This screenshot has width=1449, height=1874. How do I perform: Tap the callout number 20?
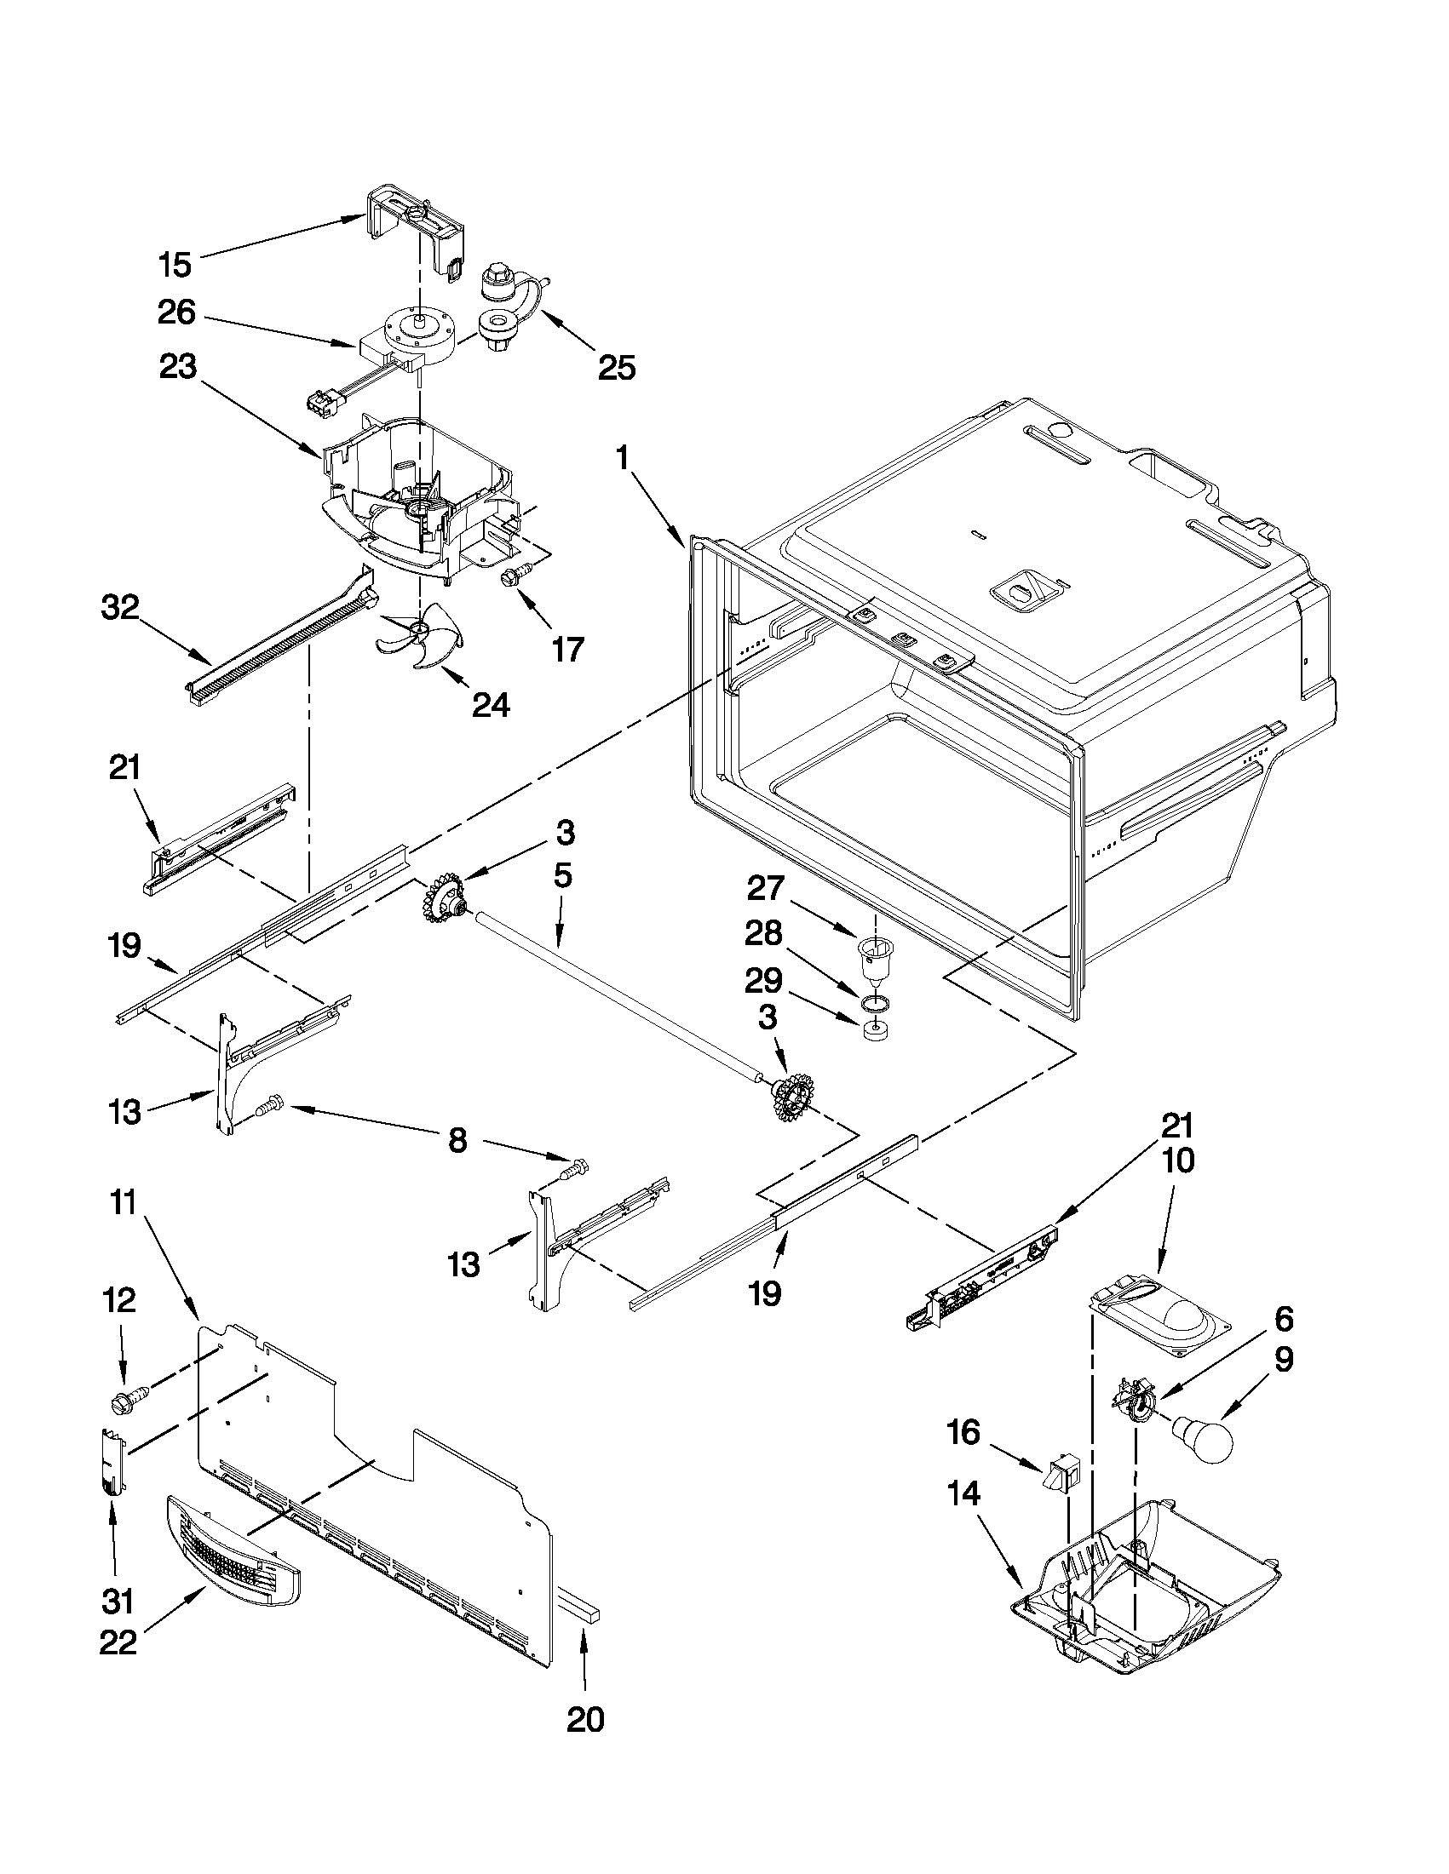[585, 1744]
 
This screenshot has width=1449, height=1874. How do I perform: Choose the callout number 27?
[766, 888]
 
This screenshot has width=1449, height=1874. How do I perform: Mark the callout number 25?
[617, 367]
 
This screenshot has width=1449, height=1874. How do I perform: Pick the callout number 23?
[177, 367]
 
